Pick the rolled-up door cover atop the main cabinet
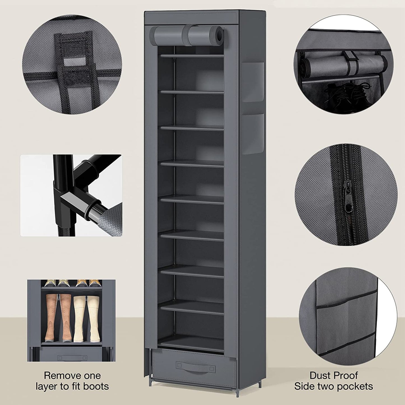[x=186, y=35]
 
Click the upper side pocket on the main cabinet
[x=253, y=82]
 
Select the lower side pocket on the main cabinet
[x=253, y=134]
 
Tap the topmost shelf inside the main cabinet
[x=192, y=56]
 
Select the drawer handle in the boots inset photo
[x=72, y=358]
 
